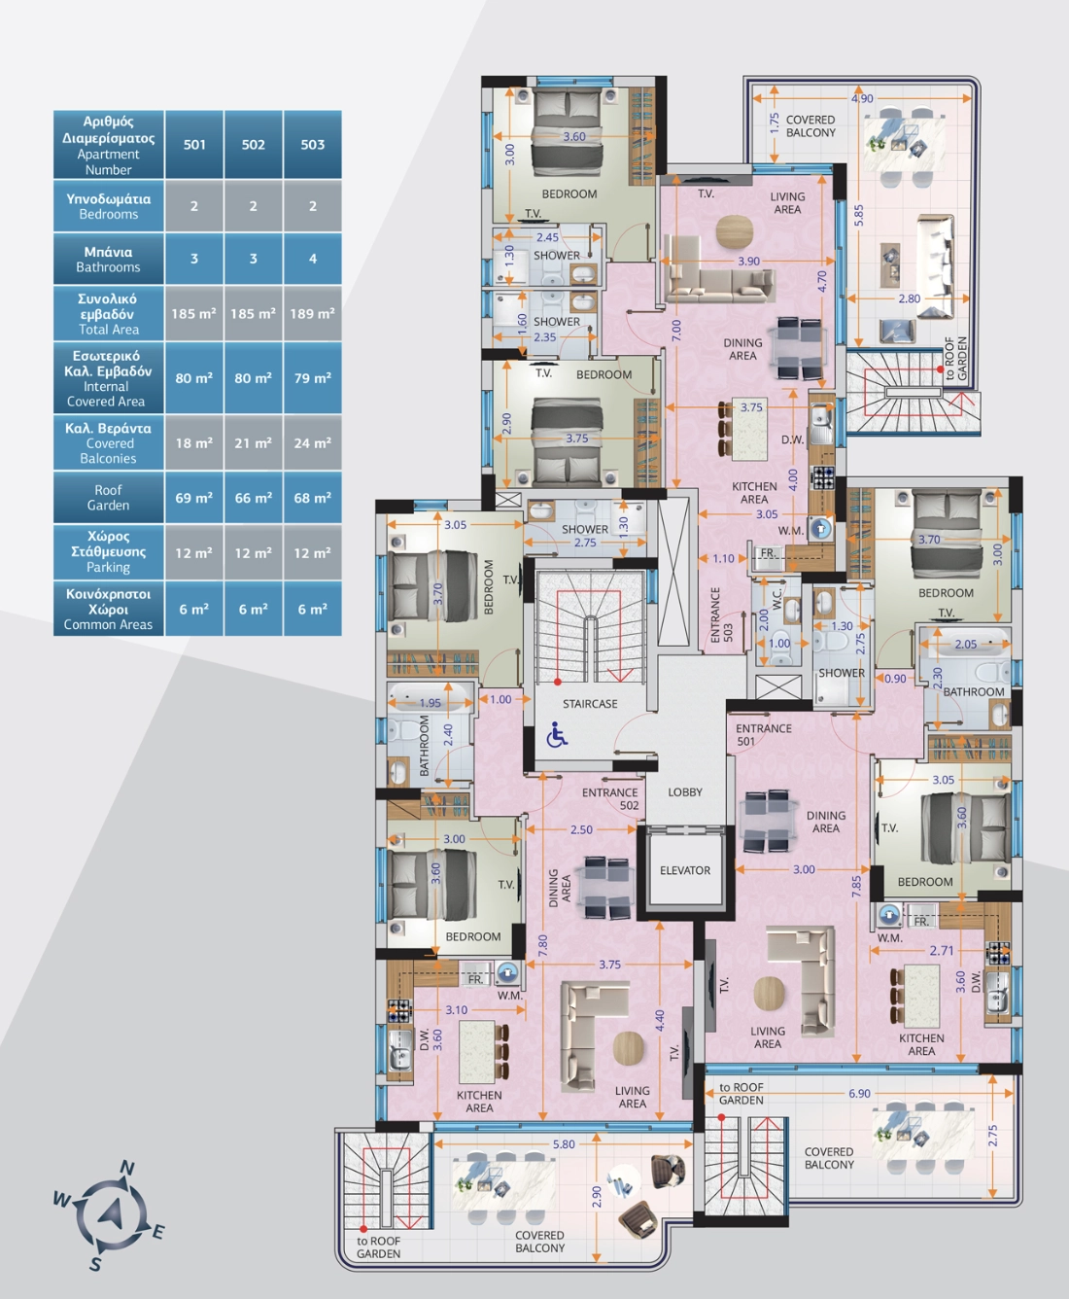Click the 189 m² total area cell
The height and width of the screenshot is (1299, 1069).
pyautogui.click(x=312, y=313)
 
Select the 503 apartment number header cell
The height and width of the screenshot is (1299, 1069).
pyautogui.click(x=312, y=145)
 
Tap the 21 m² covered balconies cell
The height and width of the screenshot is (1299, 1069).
pyautogui.click(x=253, y=442)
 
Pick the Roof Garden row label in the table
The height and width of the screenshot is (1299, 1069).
pyautogui.click(x=109, y=498)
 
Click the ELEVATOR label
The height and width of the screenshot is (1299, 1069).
pyautogui.click(x=685, y=870)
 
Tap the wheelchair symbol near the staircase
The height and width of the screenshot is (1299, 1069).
pyautogui.click(x=557, y=734)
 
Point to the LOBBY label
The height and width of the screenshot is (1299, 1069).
pyautogui.click(x=685, y=792)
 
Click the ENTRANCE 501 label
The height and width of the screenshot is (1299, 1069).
pyautogui.click(x=763, y=735)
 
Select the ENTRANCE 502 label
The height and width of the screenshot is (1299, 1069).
pyautogui.click(x=610, y=799)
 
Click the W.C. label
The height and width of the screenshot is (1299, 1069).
pyautogui.click(x=777, y=599)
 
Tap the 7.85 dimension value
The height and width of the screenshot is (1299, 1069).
pyautogui.click(x=856, y=887)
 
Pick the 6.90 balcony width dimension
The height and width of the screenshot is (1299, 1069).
pyautogui.click(x=859, y=1093)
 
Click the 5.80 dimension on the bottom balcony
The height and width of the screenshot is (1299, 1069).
pyautogui.click(x=564, y=1144)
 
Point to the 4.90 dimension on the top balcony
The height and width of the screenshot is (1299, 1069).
pyautogui.click(x=862, y=98)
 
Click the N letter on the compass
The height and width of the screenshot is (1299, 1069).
pyautogui.click(x=127, y=1168)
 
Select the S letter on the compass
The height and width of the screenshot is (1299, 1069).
pyautogui.click(x=95, y=1265)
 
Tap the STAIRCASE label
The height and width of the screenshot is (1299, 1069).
pyautogui.click(x=590, y=704)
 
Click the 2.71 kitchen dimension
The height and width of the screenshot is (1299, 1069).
pyautogui.click(x=942, y=950)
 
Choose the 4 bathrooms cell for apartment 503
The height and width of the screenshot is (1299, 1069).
pyautogui.click(x=312, y=259)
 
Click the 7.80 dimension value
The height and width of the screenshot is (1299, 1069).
pyautogui.click(x=542, y=945)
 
